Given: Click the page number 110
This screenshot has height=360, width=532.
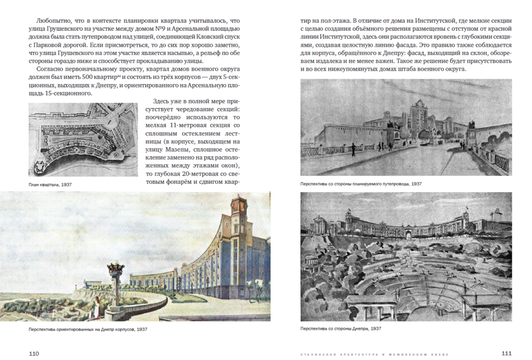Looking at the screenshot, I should tap(33, 353).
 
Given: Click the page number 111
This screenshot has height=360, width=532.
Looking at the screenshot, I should tap(506, 353).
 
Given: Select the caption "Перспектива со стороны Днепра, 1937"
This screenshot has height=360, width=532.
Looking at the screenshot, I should tap(341, 328).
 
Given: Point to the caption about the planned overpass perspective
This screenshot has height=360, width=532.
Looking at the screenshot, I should tap(361, 184).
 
